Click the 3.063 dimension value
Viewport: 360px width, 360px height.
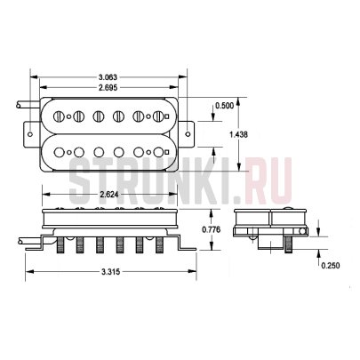[108, 78]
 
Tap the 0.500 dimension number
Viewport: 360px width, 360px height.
[227, 106]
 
